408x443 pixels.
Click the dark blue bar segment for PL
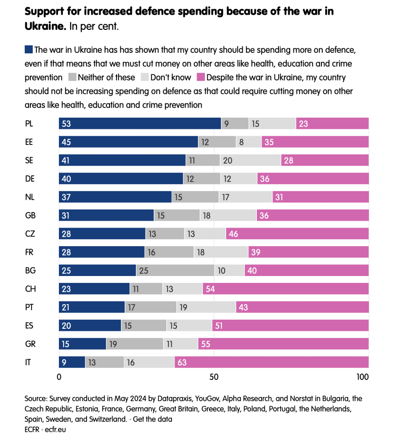tap(139, 123)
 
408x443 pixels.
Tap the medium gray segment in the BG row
tap(175, 270)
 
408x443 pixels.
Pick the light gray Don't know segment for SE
tap(250, 160)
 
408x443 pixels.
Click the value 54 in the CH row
tap(210, 289)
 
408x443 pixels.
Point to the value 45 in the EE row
tap(66, 142)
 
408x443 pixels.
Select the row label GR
tap(30, 344)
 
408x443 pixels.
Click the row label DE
tap(30, 179)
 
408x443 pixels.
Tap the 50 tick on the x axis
tap(214, 377)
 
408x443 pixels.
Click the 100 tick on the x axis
tap(362, 377)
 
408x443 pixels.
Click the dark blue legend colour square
tap(29, 49)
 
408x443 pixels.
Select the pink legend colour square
tap(200, 77)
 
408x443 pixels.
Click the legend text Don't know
tap(170, 78)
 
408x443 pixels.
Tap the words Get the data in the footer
tap(152, 419)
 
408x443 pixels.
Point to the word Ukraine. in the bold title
tap(45, 26)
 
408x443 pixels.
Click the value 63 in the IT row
tap(182, 362)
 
